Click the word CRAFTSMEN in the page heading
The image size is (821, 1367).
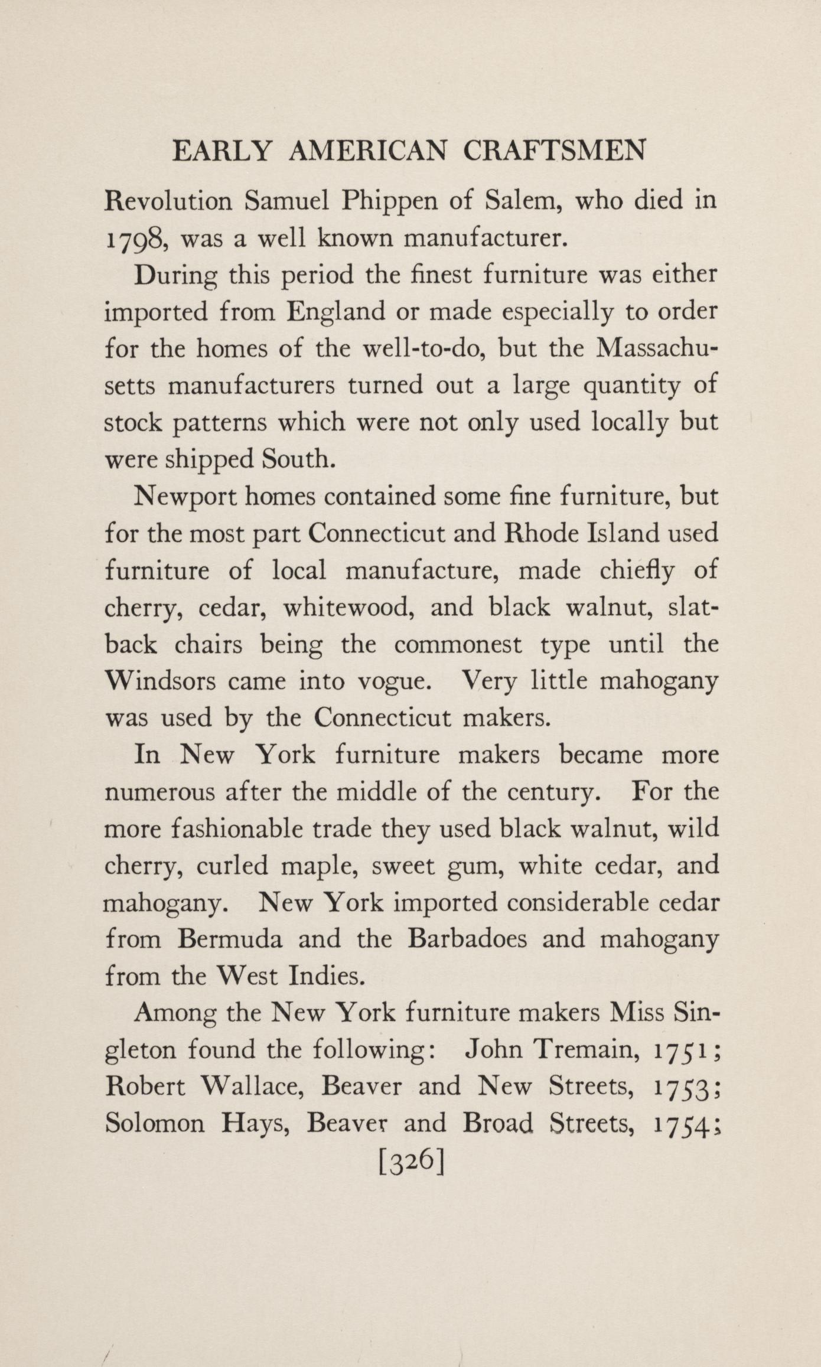pyautogui.click(x=554, y=152)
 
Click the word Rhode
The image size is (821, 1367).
pyautogui.click(x=540, y=534)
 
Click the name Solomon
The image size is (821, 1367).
pyautogui.click(x=155, y=1123)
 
